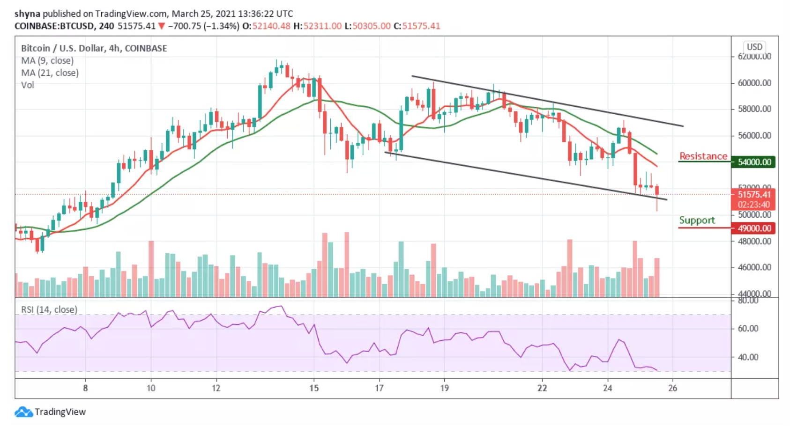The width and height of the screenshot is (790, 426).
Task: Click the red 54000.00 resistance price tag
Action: [x=753, y=162]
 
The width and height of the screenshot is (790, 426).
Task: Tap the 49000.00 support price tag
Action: [x=753, y=228]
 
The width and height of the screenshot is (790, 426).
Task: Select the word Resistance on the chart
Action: [x=703, y=156]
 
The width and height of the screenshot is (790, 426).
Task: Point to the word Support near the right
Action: [x=697, y=220]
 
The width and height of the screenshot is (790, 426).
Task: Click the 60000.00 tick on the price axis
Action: [x=754, y=83]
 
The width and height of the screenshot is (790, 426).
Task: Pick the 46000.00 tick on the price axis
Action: [x=754, y=267]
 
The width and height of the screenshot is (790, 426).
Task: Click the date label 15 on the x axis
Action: [x=314, y=388]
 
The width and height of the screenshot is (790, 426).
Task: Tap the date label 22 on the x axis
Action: [x=542, y=388]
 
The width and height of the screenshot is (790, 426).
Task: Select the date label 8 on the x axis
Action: [x=85, y=388]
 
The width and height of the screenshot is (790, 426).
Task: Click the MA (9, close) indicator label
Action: [x=47, y=60]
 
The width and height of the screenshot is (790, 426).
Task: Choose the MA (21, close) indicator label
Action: [x=50, y=73]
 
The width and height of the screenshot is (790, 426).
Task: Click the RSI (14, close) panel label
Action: [x=49, y=309]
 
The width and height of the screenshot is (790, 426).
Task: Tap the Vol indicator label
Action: [x=28, y=85]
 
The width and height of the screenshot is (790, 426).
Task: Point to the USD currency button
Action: [x=754, y=47]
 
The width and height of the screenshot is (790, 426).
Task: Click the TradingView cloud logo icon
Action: [x=23, y=412]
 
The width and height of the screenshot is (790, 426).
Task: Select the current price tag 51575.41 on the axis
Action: [x=753, y=194]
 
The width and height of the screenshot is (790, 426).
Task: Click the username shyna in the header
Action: [x=27, y=14]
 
